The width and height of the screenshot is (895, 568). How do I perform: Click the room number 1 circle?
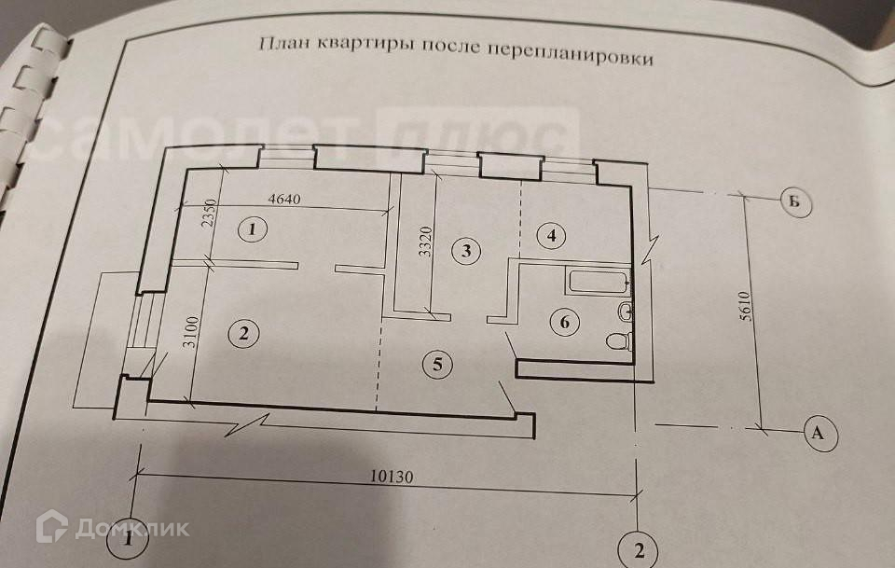point(253,229)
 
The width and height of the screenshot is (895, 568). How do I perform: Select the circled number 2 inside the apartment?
point(243,333)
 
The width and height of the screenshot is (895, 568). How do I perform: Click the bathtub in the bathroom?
point(597,280)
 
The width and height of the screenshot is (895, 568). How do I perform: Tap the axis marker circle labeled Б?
point(795,201)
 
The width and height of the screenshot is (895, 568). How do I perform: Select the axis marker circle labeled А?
point(819,433)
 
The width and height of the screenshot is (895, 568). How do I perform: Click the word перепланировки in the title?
point(569,53)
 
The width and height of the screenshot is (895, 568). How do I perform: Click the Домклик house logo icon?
point(51,527)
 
